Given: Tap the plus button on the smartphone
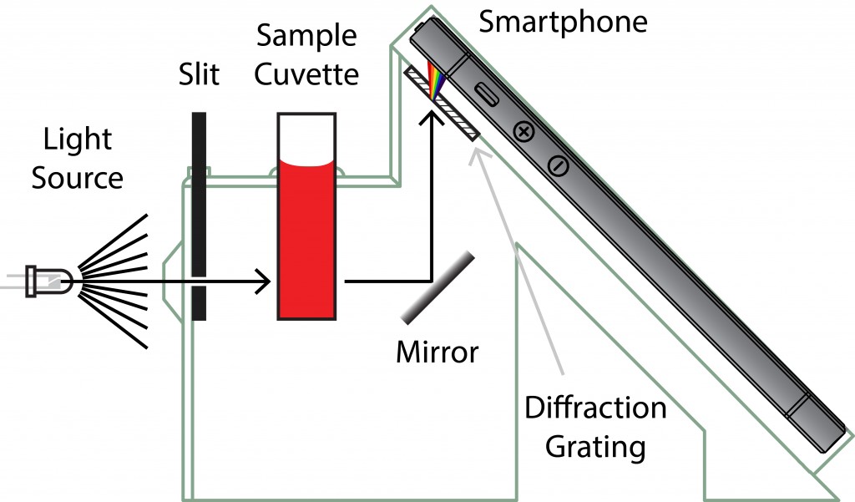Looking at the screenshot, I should tap(524, 131).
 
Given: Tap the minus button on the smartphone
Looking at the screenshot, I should tap(559, 166).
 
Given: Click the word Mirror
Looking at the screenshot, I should tap(437, 352).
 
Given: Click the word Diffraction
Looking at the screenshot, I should tap(595, 408).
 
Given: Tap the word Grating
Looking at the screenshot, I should tap(595, 447).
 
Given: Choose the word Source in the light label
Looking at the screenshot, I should tap(78, 177).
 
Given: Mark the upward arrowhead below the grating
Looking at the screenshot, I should tap(431, 119).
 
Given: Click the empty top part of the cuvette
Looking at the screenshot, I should tap(306, 134).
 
